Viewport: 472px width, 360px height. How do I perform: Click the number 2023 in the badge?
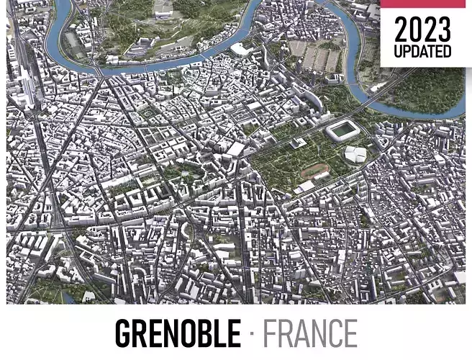(423, 30)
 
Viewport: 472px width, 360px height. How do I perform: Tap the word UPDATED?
(423, 53)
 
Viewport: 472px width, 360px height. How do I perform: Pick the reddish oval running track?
(314, 171)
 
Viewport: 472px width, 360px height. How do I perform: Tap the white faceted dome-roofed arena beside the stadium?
(355, 155)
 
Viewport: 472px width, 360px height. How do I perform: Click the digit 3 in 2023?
(444, 30)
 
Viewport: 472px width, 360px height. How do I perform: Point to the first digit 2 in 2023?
(401, 30)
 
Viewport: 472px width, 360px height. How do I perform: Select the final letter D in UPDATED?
(448, 53)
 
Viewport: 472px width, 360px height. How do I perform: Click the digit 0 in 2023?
(416, 30)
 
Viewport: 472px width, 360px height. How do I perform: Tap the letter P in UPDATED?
(408, 53)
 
